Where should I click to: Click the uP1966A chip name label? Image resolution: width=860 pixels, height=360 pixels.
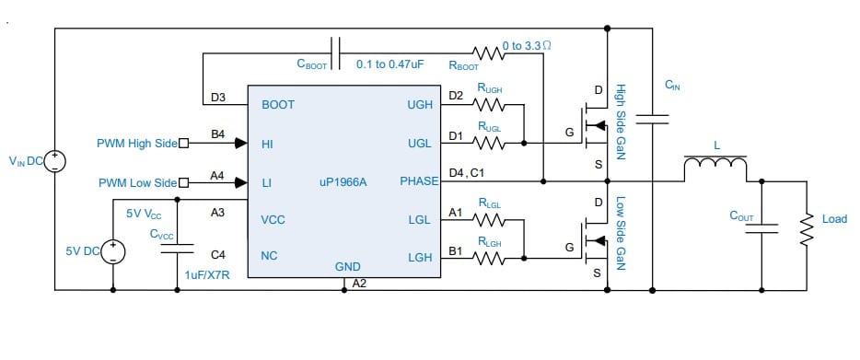click(343, 182)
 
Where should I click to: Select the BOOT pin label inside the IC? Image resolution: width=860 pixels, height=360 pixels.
click(278, 105)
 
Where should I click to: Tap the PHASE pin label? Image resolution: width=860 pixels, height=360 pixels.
click(418, 182)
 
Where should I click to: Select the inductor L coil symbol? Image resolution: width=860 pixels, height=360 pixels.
click(715, 166)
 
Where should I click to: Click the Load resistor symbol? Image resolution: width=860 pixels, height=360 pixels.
click(808, 221)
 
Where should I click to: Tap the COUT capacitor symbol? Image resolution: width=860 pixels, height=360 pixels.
click(762, 229)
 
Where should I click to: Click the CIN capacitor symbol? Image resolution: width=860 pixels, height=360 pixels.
click(654, 118)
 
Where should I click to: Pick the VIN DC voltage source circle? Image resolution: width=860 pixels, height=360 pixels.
click(55, 162)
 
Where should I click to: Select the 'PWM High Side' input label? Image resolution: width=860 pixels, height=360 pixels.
click(136, 144)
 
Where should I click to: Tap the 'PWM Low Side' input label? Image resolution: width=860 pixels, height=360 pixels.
click(138, 183)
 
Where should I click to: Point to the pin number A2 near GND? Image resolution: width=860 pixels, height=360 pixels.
click(360, 283)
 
